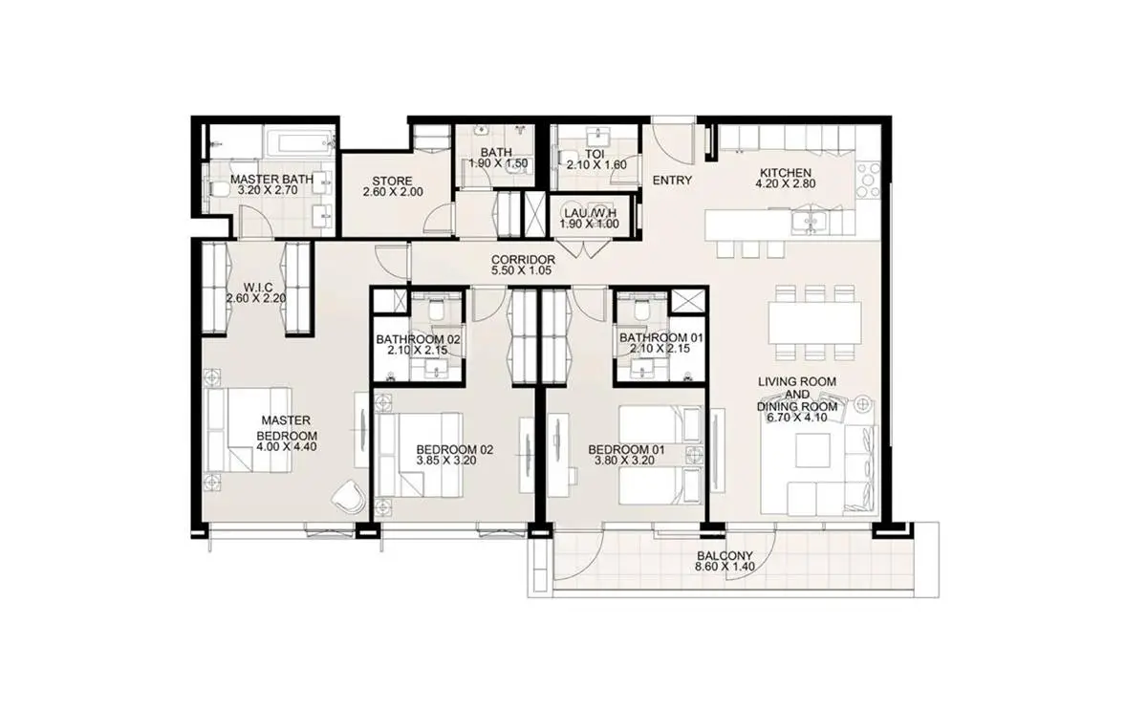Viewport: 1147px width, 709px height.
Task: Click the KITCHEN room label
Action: tap(785, 173)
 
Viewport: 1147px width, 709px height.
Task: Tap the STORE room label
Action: tap(392, 182)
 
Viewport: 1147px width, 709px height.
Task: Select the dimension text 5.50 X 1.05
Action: tap(521, 270)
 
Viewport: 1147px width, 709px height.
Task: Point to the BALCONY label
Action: tap(725, 556)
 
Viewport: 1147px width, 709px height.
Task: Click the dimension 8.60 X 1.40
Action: tap(725, 567)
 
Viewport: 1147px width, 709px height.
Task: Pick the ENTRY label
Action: tap(672, 181)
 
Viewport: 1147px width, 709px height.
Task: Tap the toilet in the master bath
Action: tap(216, 188)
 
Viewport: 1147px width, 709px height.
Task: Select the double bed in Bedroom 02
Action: tap(419, 455)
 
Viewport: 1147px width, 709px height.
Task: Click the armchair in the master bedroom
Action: tap(349, 495)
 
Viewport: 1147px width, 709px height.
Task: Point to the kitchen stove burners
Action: tap(868, 181)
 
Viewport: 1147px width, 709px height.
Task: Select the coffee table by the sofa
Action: tap(812, 450)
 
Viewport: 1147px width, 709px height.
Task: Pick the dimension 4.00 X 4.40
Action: tap(287, 447)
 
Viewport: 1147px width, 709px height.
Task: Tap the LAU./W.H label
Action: tap(590, 213)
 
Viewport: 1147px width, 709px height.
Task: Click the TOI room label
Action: tap(595, 154)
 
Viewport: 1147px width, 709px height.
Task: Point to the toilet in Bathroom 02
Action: tap(438, 311)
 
